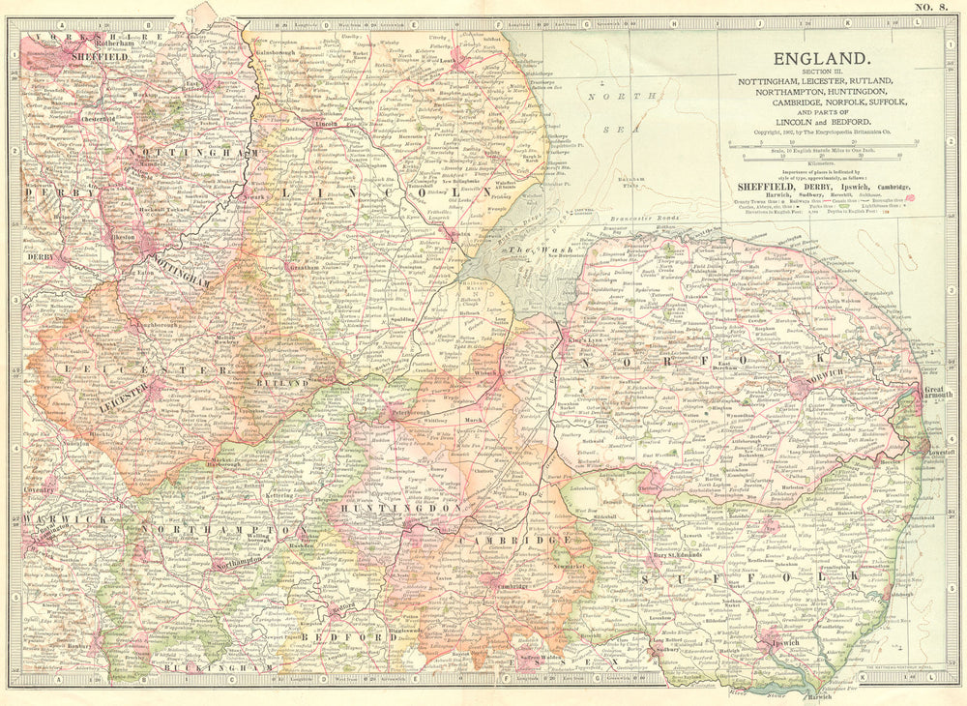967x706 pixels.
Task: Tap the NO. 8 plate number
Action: (930, 9)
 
